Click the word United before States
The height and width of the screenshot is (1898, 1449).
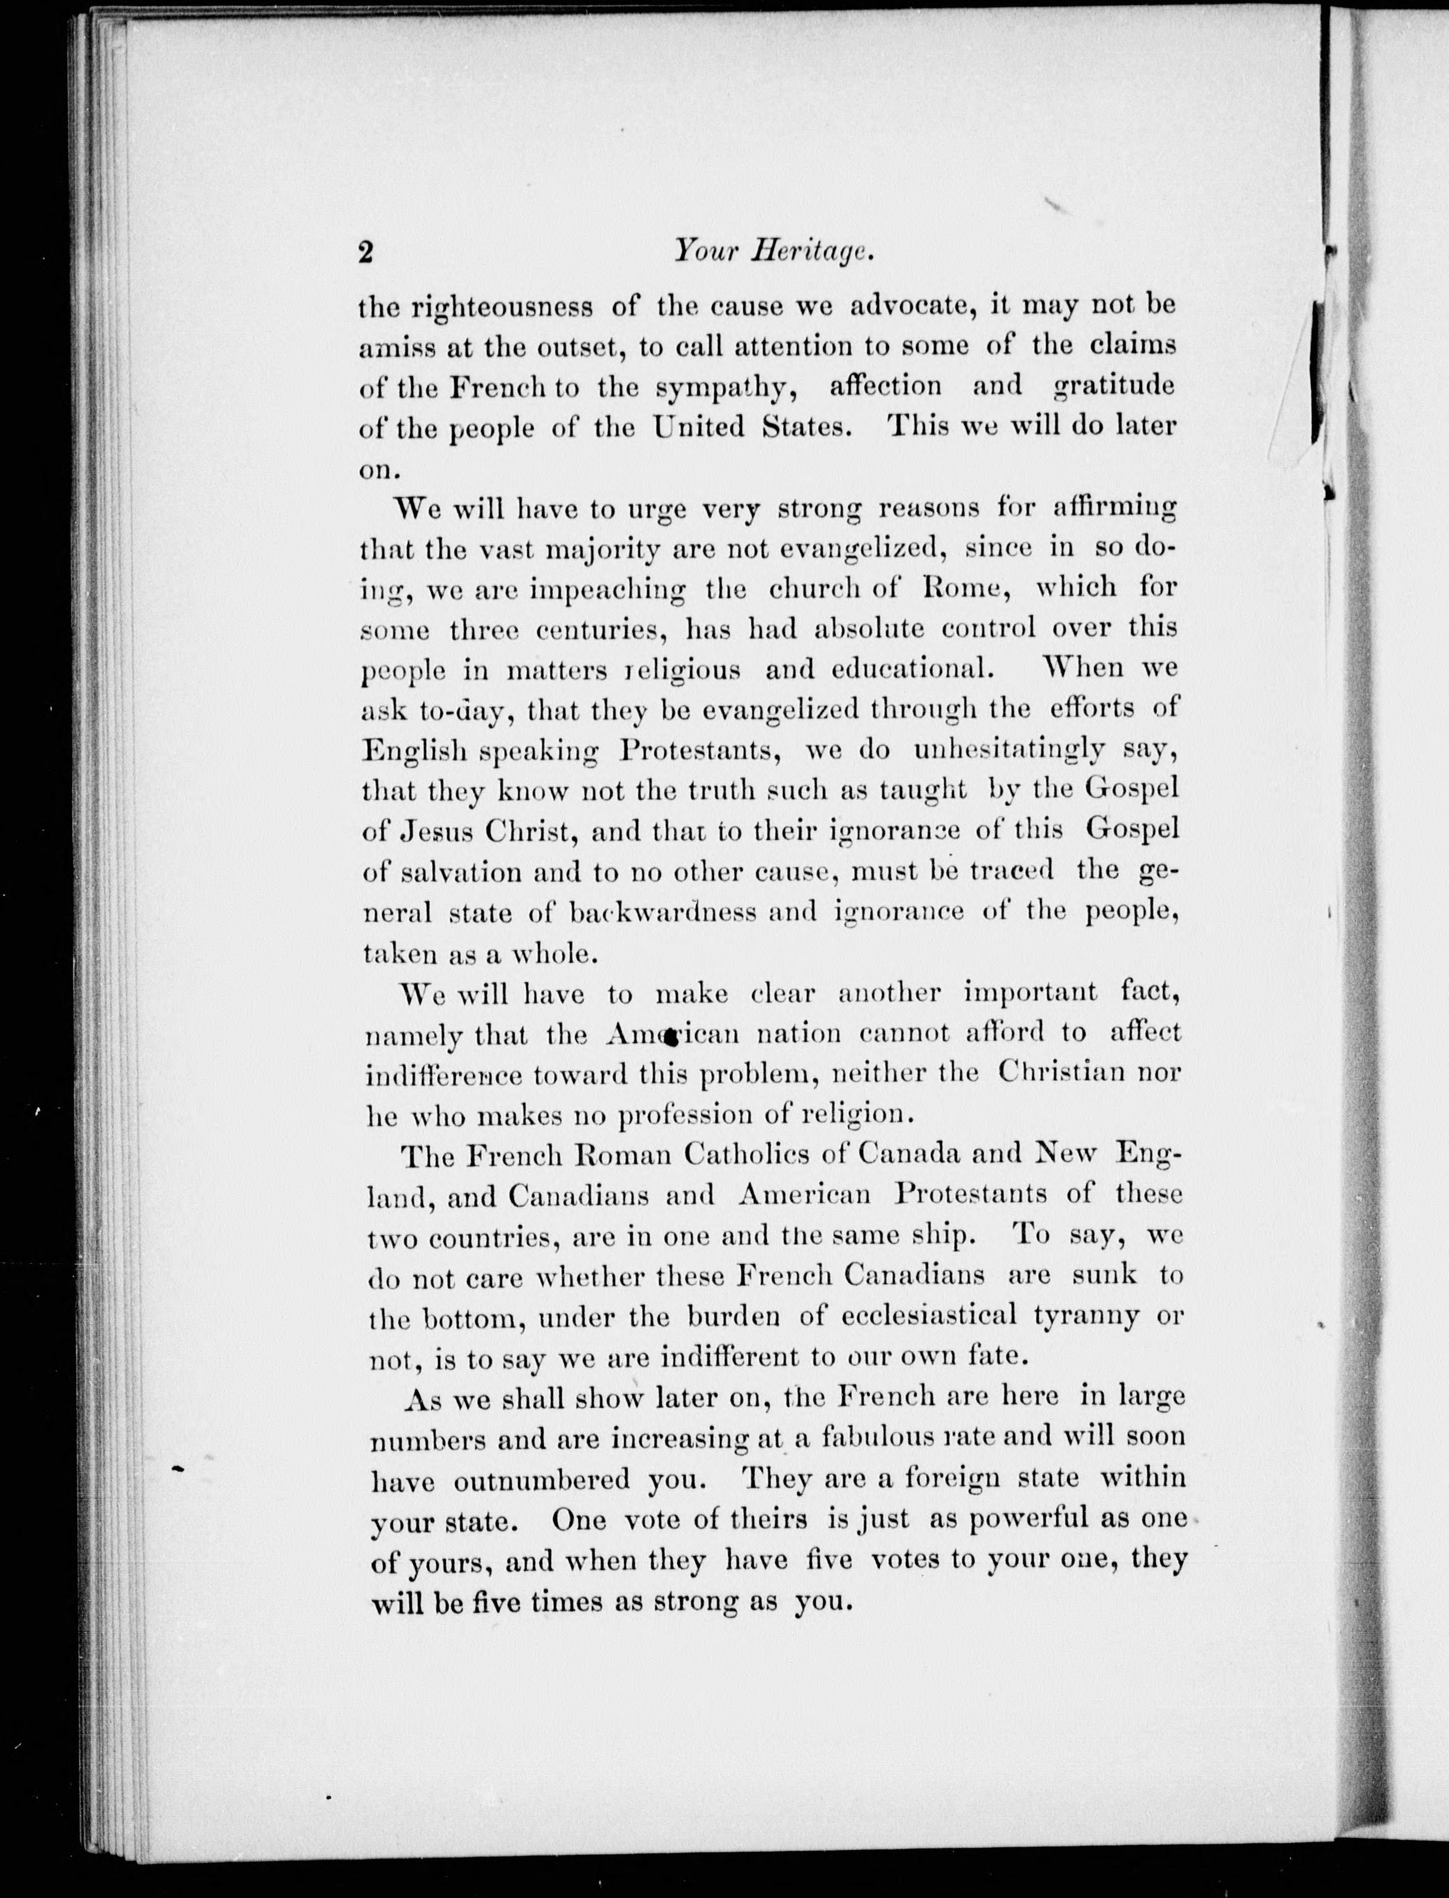pos(697,426)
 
